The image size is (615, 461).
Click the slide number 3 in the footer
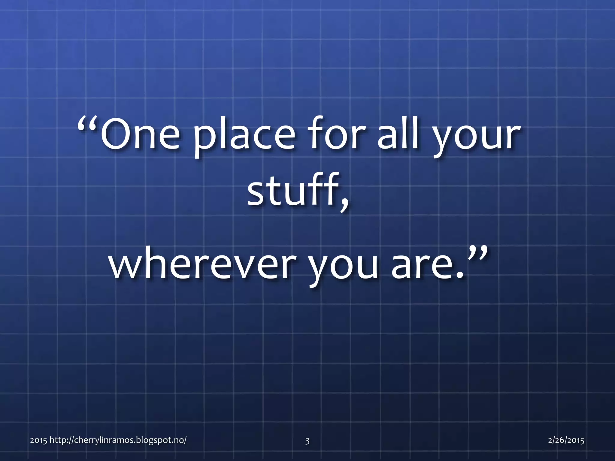(x=307, y=441)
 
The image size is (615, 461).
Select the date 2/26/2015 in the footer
(x=566, y=440)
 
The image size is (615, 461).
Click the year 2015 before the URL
(x=38, y=441)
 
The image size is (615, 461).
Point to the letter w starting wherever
(x=125, y=266)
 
